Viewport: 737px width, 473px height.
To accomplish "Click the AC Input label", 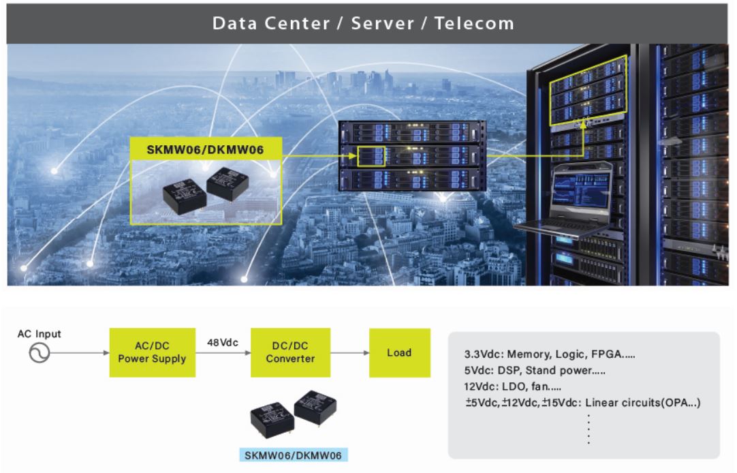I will click(40, 334).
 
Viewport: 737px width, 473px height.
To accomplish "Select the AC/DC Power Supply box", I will click(152, 352).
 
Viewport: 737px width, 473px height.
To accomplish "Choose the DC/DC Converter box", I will click(290, 352).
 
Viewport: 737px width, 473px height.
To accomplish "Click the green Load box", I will click(399, 352).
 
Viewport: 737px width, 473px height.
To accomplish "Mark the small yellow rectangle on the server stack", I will click(372, 156).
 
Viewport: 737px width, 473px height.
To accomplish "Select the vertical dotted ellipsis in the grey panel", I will click(589, 429).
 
